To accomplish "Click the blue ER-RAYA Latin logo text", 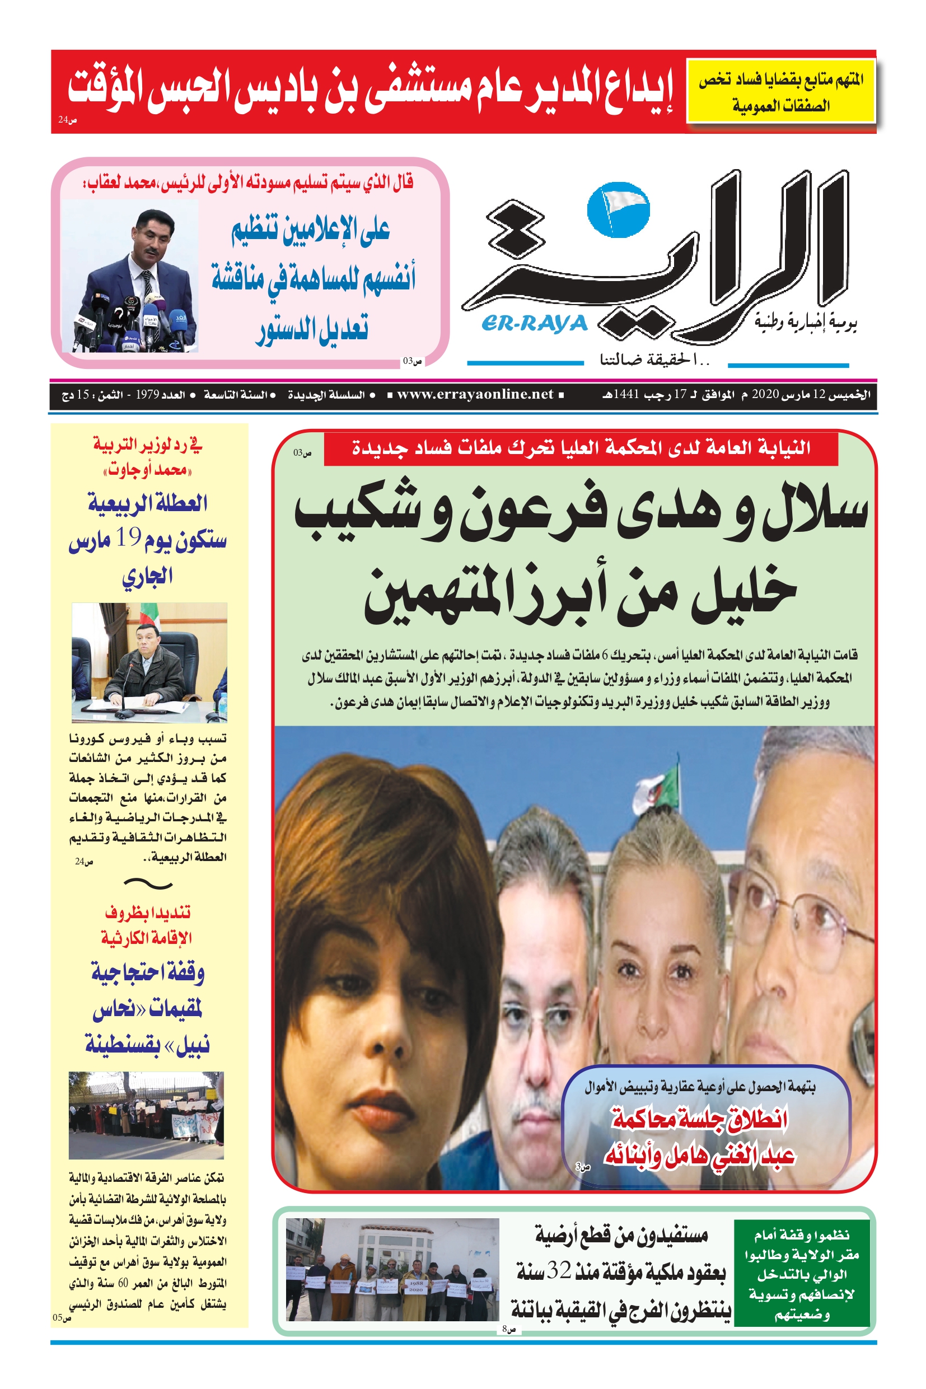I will (535, 324).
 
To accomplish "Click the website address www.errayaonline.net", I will (475, 395).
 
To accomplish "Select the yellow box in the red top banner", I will (781, 92).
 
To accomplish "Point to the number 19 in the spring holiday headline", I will (128, 537).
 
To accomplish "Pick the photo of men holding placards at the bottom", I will (392, 1269).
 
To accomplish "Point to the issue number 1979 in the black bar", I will (147, 395).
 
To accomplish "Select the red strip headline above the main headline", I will (581, 448).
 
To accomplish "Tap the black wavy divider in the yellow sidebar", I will (148, 883).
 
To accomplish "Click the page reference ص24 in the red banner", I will (67, 120).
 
